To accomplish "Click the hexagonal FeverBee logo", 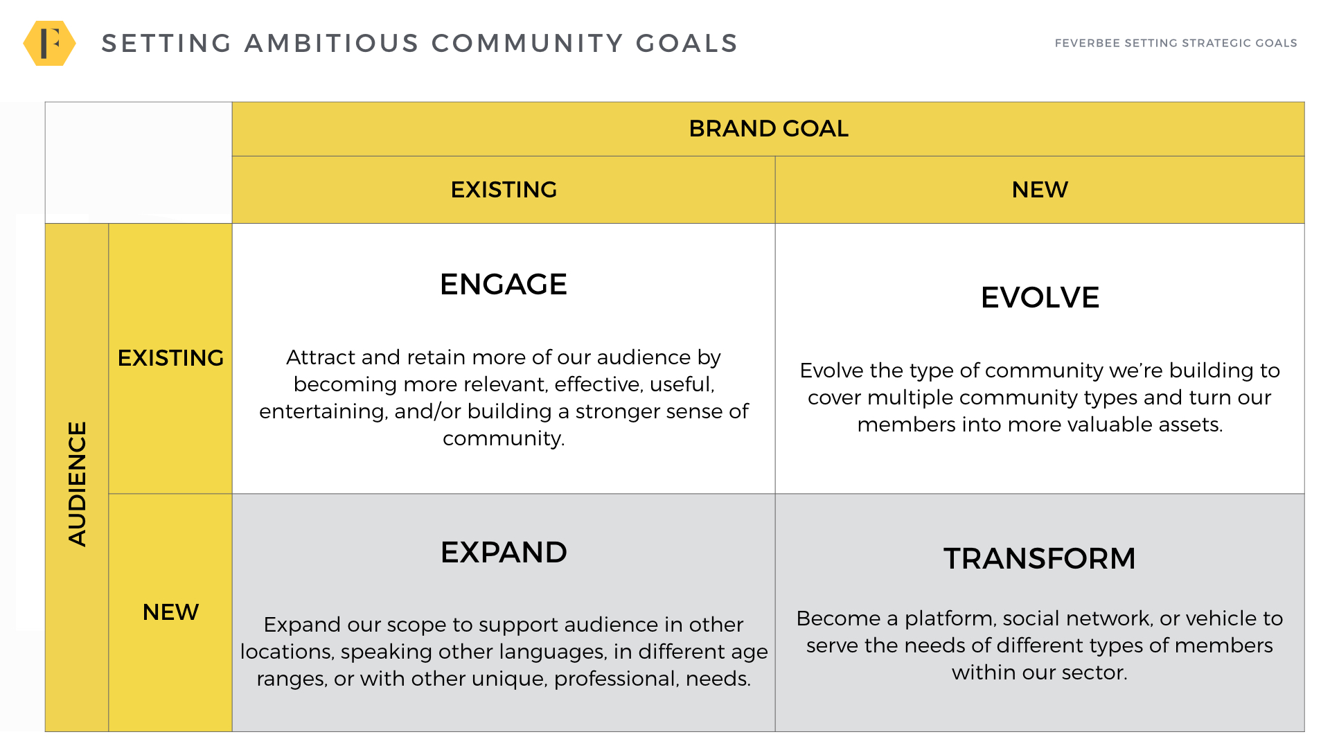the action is [x=49, y=43].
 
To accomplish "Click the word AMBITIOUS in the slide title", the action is [x=332, y=43].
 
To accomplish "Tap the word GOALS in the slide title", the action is [x=686, y=43].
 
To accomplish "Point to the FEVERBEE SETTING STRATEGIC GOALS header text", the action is [x=1176, y=43].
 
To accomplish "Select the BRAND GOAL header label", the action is [x=768, y=129].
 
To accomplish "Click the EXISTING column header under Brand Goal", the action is [x=504, y=190].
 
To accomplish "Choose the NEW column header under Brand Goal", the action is [x=1040, y=190].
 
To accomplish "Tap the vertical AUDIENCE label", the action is [x=77, y=484].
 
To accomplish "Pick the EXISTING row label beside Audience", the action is [x=170, y=358].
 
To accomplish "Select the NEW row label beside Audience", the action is [x=170, y=612].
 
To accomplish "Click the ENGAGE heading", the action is [x=504, y=285].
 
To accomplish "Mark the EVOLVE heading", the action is [x=1040, y=298].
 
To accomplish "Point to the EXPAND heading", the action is [x=504, y=553].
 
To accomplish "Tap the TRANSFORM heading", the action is [x=1040, y=559].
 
